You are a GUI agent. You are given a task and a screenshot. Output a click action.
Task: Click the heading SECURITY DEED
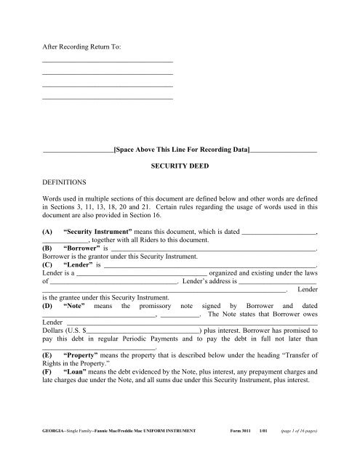[180, 166]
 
